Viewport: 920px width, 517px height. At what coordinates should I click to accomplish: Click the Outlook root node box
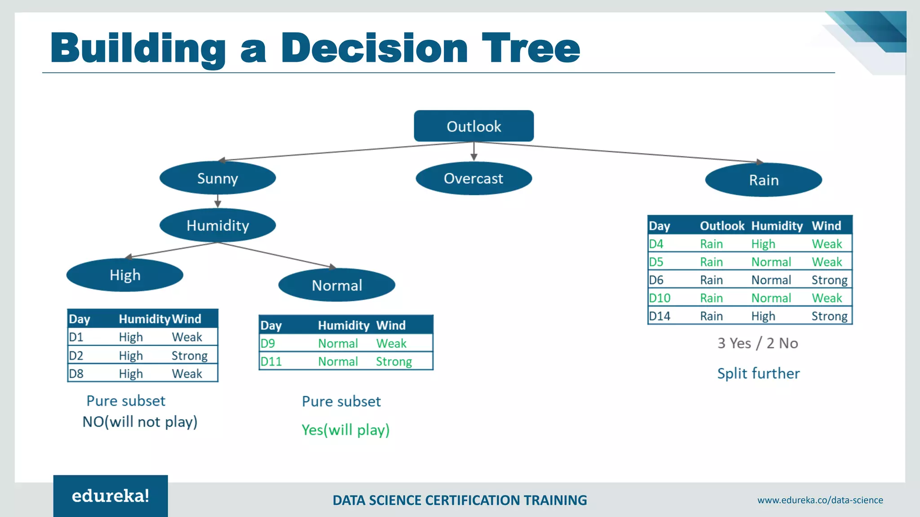coord(473,126)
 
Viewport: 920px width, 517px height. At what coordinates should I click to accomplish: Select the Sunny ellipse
coord(217,178)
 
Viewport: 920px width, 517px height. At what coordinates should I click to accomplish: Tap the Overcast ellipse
coord(473,179)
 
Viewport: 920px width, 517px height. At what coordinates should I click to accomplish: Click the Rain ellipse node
coord(763,180)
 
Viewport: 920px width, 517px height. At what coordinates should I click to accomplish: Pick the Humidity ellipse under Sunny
coord(217,225)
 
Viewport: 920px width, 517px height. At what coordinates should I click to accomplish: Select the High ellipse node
coord(125,275)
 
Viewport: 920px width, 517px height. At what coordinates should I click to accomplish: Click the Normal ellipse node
coord(336,285)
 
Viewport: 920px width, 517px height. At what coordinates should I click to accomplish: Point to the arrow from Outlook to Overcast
coord(473,152)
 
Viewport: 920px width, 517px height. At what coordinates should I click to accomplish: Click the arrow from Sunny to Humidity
coord(217,201)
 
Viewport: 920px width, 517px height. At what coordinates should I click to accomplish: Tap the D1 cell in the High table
coord(76,337)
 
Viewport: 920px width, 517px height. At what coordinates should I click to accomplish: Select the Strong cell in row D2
coord(189,355)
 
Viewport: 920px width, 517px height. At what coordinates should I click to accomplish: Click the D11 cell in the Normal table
coord(271,361)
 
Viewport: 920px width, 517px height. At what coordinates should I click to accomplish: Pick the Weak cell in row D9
coord(391,343)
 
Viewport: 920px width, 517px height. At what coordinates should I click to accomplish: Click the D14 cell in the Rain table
coord(659,316)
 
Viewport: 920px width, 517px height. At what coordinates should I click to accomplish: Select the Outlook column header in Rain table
coord(722,226)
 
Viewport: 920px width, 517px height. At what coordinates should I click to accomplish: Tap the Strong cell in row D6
coord(829,280)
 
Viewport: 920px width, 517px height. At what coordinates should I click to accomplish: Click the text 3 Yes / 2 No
coord(757,343)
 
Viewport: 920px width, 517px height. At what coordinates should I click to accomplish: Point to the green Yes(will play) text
coord(345,430)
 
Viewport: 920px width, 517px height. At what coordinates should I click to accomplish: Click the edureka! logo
coord(111,496)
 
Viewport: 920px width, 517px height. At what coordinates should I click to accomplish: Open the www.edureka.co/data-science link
coord(820,500)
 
